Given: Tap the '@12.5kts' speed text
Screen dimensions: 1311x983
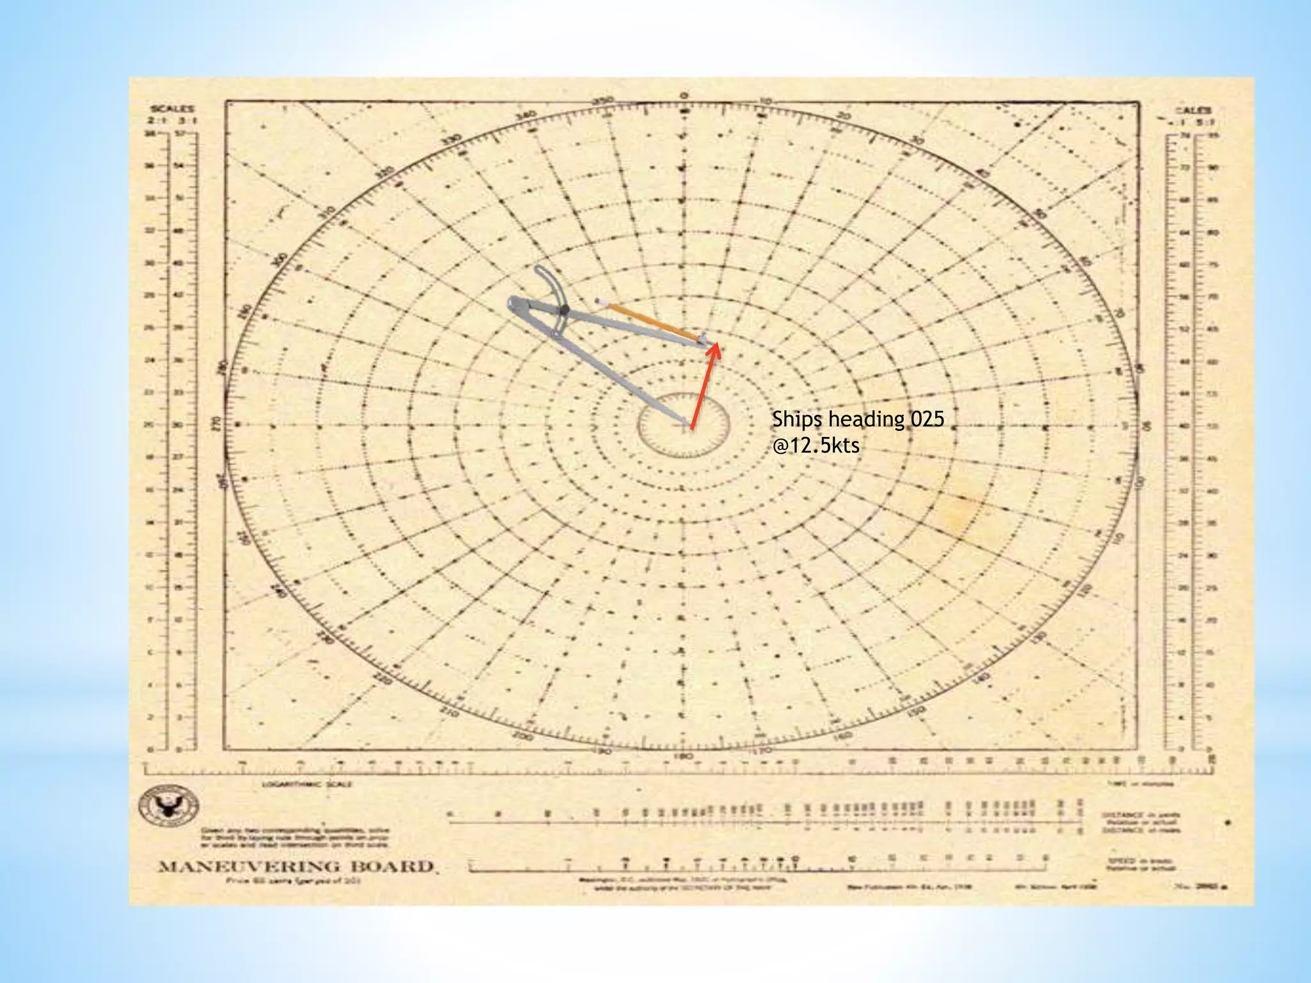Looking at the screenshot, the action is click(816, 445).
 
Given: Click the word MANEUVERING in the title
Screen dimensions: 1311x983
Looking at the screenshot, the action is click(249, 867).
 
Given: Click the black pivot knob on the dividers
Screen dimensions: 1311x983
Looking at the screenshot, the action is click(563, 310).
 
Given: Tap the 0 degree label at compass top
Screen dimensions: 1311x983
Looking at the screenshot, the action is click(684, 96).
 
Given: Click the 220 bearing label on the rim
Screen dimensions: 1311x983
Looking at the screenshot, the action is click(382, 679).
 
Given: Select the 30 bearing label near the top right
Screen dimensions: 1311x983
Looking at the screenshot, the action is click(917, 140).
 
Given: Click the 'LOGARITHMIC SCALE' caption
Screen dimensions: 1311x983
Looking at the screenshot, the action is click(307, 784).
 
